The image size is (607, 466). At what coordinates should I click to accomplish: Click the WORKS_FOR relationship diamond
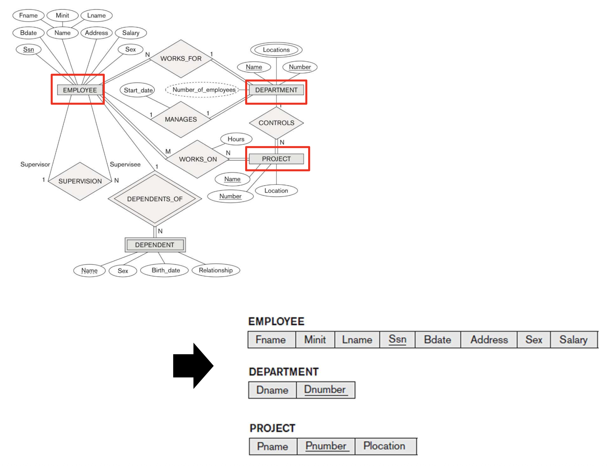(181, 59)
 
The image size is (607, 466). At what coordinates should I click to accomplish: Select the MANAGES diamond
(181, 119)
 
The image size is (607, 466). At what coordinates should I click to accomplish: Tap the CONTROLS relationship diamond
(276, 123)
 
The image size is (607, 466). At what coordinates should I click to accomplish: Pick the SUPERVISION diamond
(80, 181)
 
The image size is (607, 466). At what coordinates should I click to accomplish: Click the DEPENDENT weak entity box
(155, 245)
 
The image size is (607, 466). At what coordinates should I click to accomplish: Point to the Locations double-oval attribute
(276, 50)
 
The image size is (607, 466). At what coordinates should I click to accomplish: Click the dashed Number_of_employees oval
(204, 90)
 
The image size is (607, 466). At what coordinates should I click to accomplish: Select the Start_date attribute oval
(138, 90)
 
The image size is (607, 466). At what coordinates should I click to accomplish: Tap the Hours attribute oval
(236, 139)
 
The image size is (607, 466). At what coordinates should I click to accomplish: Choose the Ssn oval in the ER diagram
(28, 49)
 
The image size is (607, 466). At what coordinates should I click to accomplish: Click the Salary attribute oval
(131, 33)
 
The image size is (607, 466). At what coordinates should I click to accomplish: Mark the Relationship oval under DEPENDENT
(216, 270)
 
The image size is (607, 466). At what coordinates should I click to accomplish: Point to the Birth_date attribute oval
(166, 270)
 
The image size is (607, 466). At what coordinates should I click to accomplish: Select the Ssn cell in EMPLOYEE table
(397, 340)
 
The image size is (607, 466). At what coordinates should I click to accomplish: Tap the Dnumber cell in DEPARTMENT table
(325, 390)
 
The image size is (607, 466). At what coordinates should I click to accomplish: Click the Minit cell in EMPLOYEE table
(315, 340)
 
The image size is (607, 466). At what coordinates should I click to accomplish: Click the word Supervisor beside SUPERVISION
(35, 164)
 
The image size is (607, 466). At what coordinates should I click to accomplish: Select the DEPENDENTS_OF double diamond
(155, 199)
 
